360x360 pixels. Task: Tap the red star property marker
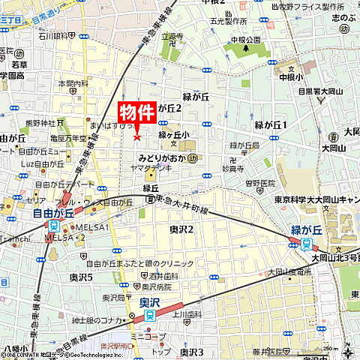(136, 136)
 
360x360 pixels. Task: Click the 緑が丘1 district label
(271, 124)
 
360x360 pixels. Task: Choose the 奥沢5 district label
(81, 277)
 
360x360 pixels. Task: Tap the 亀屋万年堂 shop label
(69, 138)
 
